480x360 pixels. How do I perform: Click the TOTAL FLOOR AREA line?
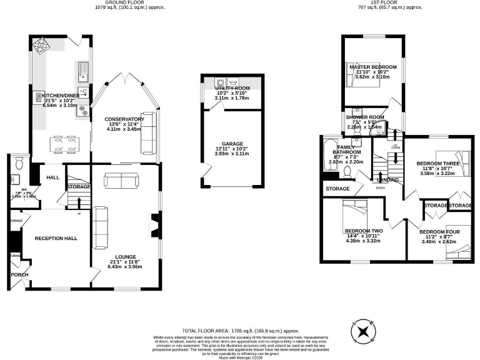pyautogui.click(x=239, y=330)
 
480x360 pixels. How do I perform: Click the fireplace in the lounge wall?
pyautogui.click(x=154, y=223)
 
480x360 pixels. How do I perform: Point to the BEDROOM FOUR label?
pyautogui.click(x=437, y=232)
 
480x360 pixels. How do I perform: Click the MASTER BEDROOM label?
pyautogui.click(x=372, y=67)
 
